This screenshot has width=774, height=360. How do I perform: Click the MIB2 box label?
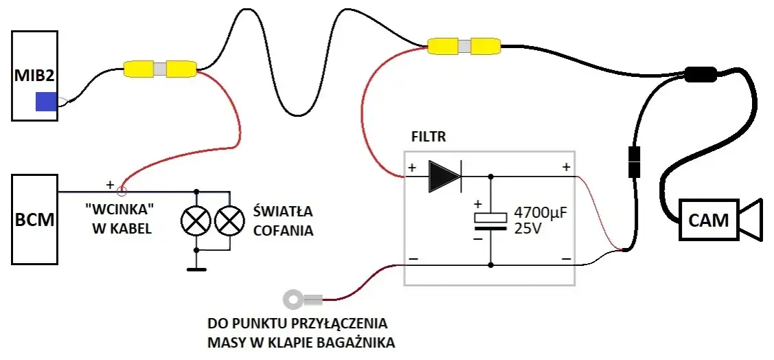coord(34,77)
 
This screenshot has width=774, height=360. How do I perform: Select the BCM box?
coord(34,219)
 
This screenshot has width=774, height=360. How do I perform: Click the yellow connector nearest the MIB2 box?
coord(159,69)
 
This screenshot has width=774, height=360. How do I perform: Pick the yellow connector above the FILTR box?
coord(464,46)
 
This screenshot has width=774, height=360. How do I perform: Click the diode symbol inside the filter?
coord(445,177)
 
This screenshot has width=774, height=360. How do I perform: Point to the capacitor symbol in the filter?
coord(490,221)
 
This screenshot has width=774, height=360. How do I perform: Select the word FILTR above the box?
coord(429,137)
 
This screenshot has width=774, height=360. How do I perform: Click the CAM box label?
coord(708,220)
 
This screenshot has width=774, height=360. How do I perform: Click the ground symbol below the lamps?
coord(196,269)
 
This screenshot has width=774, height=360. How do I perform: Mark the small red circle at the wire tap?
coord(121,190)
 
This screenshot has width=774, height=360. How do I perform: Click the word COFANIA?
coord(284,230)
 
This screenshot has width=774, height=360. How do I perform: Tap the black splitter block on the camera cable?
coord(701,75)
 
